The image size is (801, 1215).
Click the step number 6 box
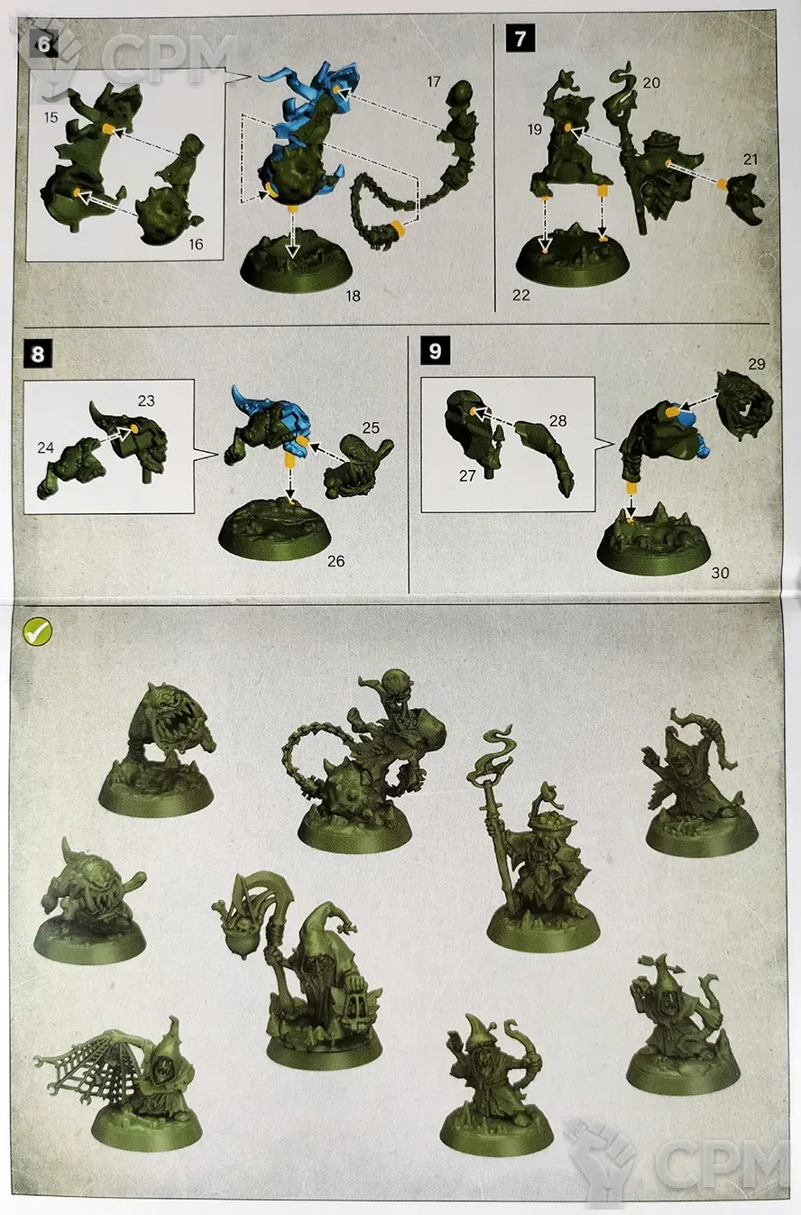pyautogui.click(x=44, y=43)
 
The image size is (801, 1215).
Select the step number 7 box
pyautogui.click(x=520, y=39)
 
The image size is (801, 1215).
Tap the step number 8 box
pyautogui.click(x=38, y=354)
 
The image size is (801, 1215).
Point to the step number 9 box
pyautogui.click(x=435, y=351)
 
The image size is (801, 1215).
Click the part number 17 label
pyautogui.click(x=433, y=82)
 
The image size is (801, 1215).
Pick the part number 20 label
pyautogui.click(x=651, y=82)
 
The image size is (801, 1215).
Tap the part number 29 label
pyautogui.click(x=756, y=364)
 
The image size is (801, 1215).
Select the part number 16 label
pyautogui.click(x=196, y=244)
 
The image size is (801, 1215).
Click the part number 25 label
pyautogui.click(x=371, y=428)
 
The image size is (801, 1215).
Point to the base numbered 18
pyautogui.click(x=295, y=262)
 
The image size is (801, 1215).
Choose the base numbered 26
pyautogui.click(x=275, y=533)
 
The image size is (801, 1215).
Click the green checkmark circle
pyautogui.click(x=38, y=631)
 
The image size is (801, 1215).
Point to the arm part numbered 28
pyautogui.click(x=544, y=456)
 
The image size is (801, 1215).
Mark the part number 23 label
pyautogui.click(x=146, y=400)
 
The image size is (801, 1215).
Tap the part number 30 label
pyautogui.click(x=720, y=573)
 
